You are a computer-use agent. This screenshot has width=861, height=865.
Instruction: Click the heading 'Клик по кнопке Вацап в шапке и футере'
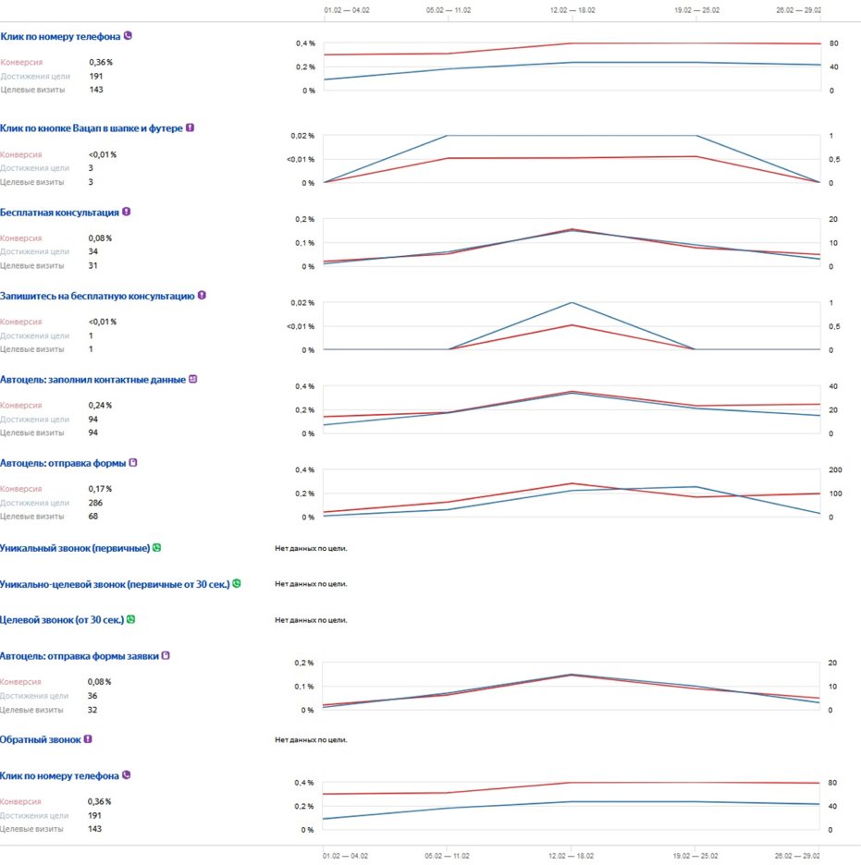[x=91, y=128]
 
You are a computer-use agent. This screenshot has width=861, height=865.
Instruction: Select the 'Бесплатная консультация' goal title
[x=59, y=212]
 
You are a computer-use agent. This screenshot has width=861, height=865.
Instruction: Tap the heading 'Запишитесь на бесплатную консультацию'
[x=97, y=296]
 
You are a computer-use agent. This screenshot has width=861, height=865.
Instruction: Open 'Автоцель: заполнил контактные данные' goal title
[x=92, y=379]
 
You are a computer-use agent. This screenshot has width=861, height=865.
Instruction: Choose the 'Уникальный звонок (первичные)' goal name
[x=75, y=548]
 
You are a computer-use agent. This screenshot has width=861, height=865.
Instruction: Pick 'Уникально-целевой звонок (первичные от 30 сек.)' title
[x=115, y=584]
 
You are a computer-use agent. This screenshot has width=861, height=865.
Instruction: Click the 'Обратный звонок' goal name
[x=40, y=739]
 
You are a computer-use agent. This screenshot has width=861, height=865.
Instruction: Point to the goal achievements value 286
[x=96, y=503]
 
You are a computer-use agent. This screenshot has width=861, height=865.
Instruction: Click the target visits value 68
[x=93, y=517]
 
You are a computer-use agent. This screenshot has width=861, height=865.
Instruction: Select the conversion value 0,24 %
[x=100, y=406]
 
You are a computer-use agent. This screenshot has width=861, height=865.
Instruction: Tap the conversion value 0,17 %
[x=100, y=489]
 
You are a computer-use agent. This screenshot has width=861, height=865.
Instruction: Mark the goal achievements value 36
[x=93, y=696]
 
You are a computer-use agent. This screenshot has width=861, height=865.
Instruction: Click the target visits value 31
[x=93, y=265]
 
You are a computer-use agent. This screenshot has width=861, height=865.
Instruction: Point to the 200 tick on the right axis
[x=835, y=469]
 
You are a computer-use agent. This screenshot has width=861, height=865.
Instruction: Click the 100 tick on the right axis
[x=835, y=493]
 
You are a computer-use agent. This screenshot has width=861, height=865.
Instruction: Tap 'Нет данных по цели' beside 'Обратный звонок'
[x=311, y=739]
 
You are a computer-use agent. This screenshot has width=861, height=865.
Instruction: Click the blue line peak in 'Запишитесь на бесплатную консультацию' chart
[x=571, y=303]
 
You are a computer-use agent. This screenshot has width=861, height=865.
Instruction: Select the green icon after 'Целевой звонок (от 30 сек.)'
[x=131, y=619]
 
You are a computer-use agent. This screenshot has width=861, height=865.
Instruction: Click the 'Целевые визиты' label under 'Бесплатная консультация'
[x=32, y=265]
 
